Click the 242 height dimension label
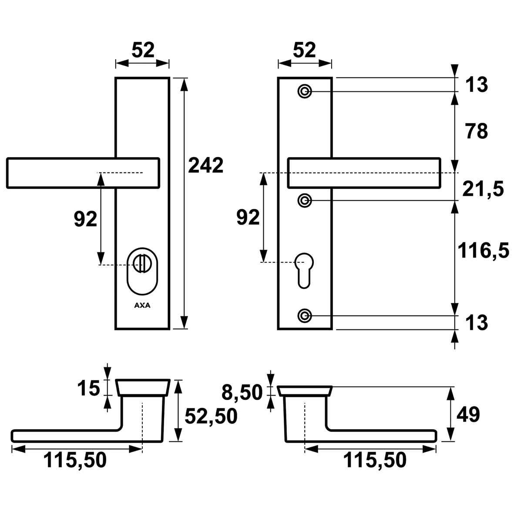(205, 165)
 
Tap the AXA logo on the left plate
(142, 306)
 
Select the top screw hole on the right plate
(305, 91)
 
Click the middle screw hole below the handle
(305, 200)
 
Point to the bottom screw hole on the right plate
(305, 316)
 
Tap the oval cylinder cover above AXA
(142, 271)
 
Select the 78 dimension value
(477, 131)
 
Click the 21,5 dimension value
(483, 189)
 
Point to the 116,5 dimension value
(483, 251)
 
